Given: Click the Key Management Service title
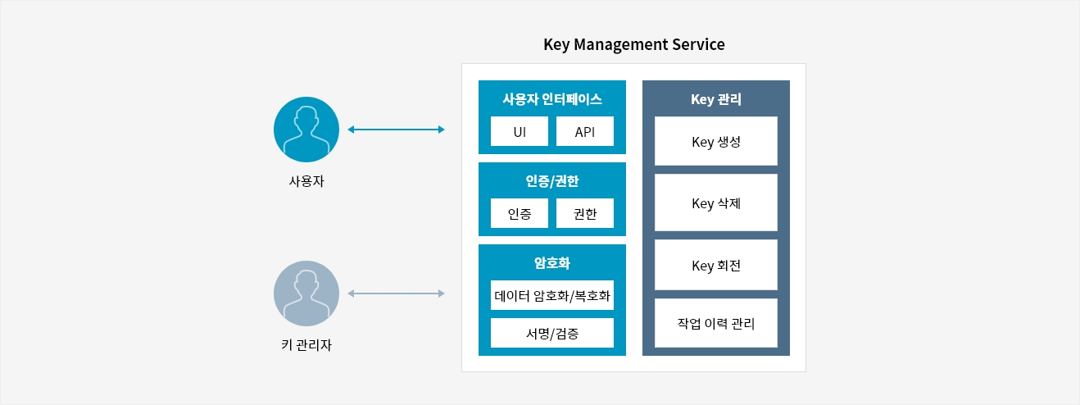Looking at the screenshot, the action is pos(634,44).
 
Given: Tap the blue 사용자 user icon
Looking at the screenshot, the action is pos(306,130).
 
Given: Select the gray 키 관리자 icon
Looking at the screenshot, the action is pos(306,294).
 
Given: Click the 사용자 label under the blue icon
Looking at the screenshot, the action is pos(306,181).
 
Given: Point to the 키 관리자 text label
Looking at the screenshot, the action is pos(306,345).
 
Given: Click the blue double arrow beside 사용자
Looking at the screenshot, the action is pos(396,130).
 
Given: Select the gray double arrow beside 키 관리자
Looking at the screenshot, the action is pos(396,294).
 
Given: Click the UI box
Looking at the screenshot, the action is pos(520,131).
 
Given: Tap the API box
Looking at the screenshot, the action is pos(585,131).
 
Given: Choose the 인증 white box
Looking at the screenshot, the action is pos(520,213).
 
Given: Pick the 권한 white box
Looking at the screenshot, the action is pos(585,213).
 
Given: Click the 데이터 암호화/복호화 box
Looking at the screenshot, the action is pos(552,295).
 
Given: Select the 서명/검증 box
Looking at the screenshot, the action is pos(552,333).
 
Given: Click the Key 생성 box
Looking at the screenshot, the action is pos(716,141).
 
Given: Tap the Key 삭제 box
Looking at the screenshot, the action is pos(716,202).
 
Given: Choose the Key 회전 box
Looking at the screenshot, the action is pos(716,265).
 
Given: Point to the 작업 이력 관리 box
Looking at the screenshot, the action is pos(716,323).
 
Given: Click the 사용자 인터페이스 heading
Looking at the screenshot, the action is pos(552,99).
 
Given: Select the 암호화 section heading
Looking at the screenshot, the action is pos(552,263).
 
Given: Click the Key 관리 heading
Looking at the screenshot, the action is pos(716,99).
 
